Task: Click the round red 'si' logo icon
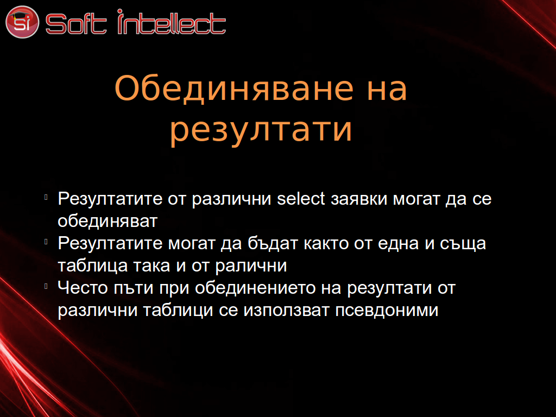point(22,22)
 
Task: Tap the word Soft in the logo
point(76,24)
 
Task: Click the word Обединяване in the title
point(235,89)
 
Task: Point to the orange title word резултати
point(261,130)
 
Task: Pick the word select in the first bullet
point(301,198)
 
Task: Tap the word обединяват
point(108,222)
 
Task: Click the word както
point(326,244)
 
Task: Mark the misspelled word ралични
point(251,267)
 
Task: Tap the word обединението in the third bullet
point(255,288)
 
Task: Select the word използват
point(287,311)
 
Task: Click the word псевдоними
point(387,311)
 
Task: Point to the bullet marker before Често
point(46,286)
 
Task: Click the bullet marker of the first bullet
point(46,197)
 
